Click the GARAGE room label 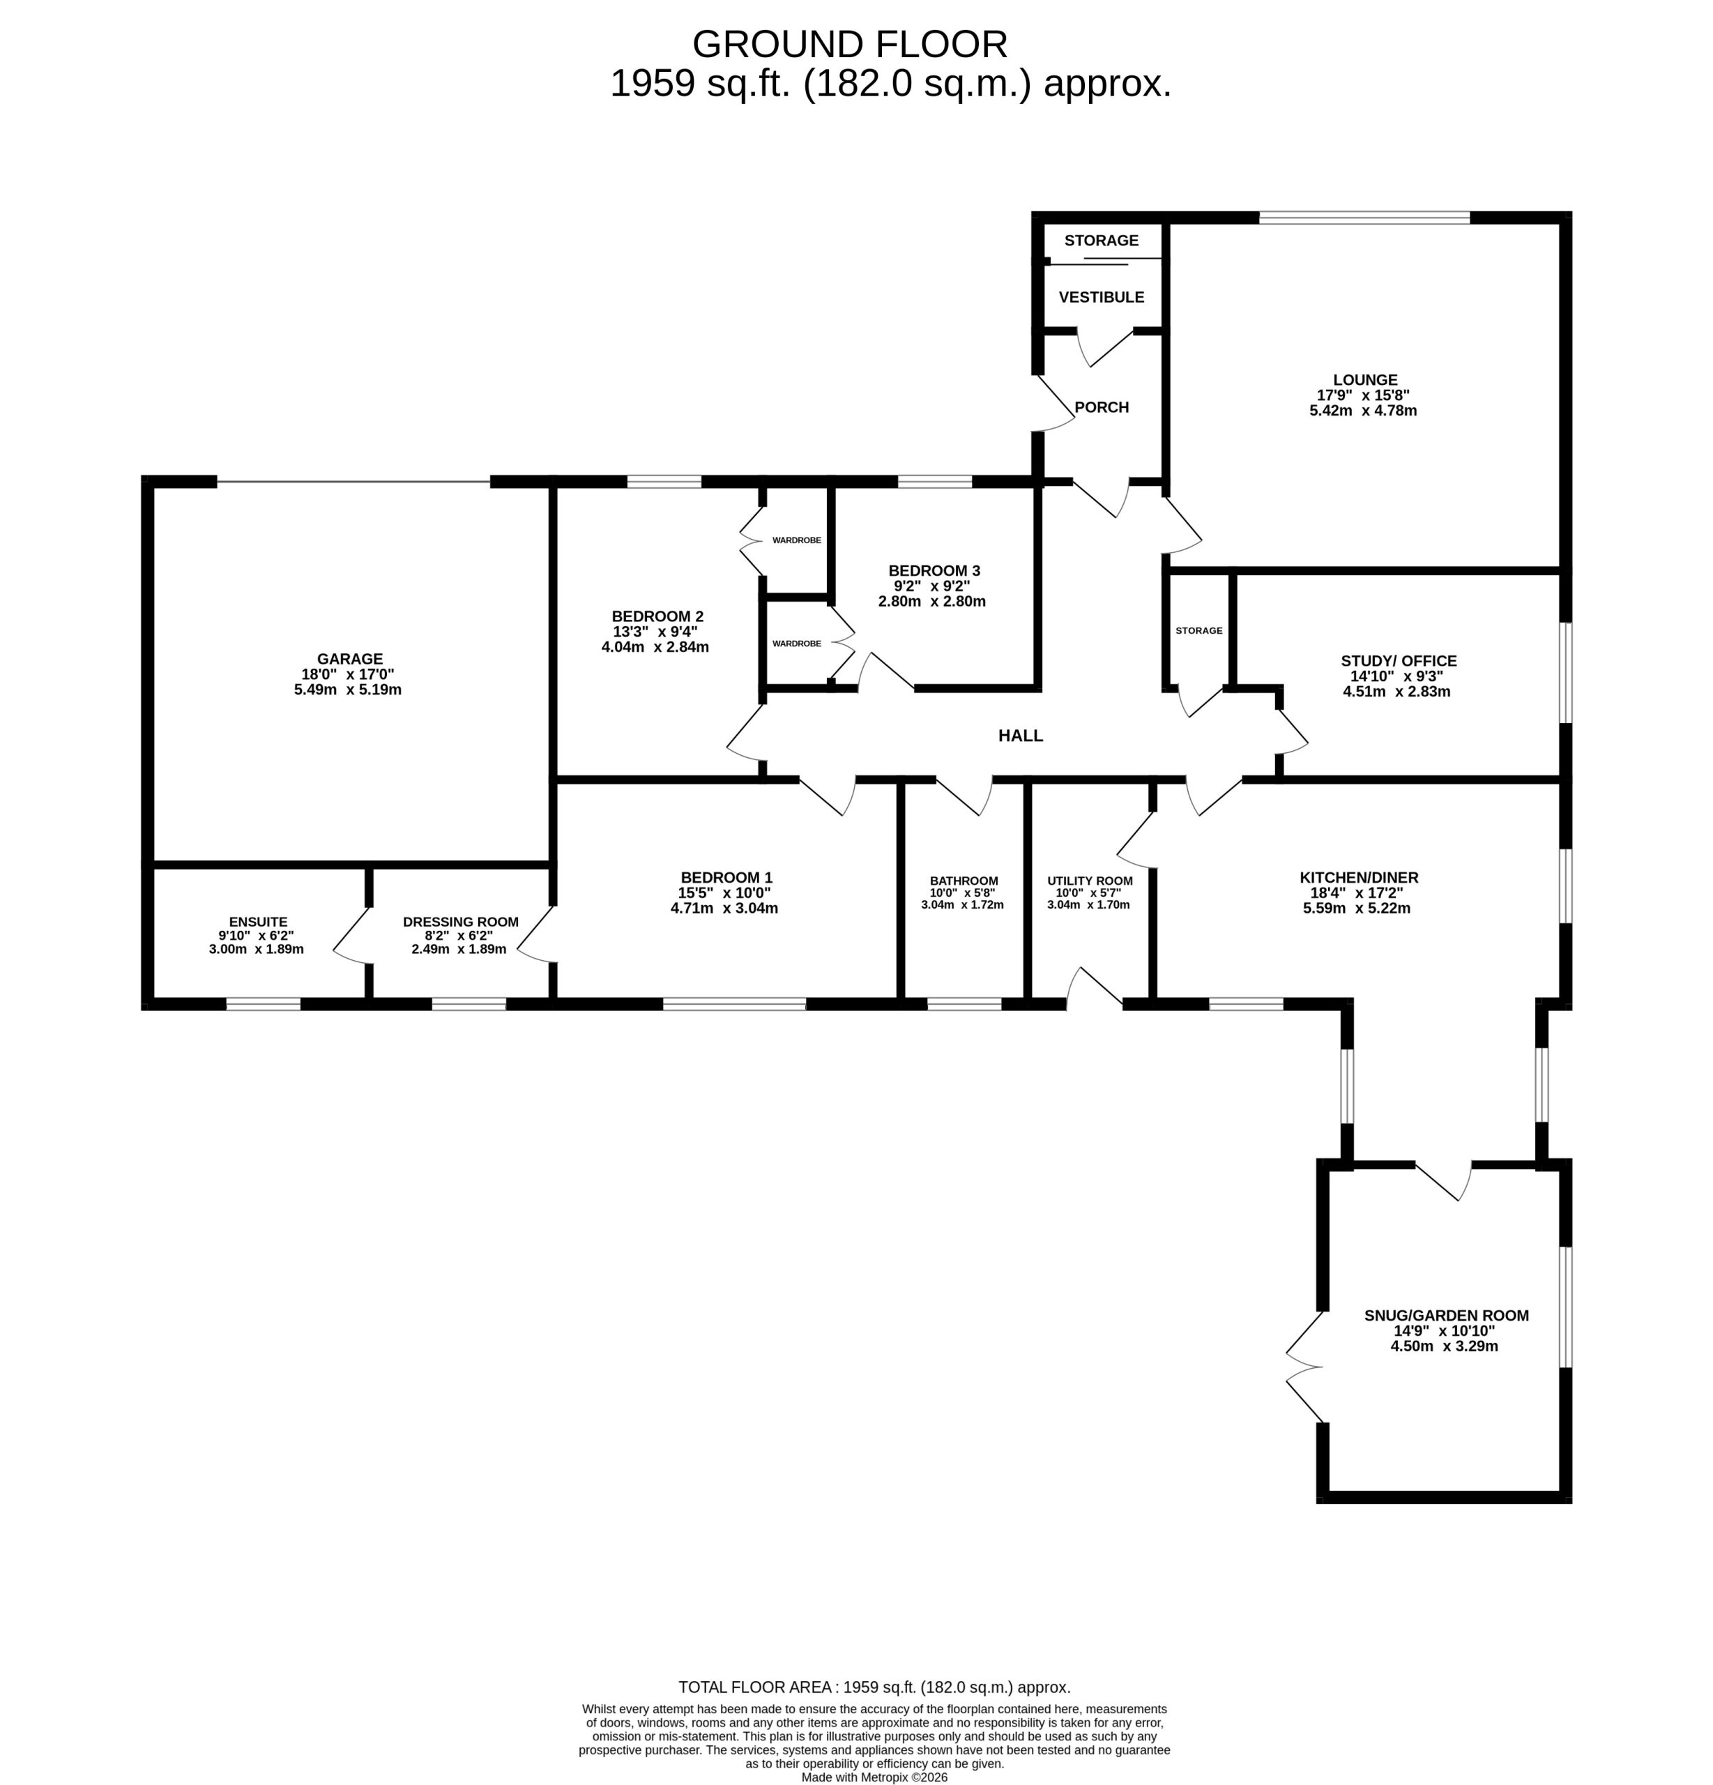click(350, 658)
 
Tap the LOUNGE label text click(1364, 380)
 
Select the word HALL click(1020, 736)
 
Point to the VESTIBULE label click(1101, 297)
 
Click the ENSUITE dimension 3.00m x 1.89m click(256, 949)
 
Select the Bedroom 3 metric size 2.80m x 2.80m click(931, 601)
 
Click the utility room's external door click(1094, 988)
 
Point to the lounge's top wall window click(1364, 218)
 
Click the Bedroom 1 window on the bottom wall click(734, 1003)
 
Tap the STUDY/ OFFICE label click(1399, 661)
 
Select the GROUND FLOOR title click(850, 44)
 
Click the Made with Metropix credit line click(874, 1777)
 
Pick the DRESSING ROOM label click(461, 922)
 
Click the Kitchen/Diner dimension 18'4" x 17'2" click(1357, 893)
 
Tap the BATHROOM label click(964, 881)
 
